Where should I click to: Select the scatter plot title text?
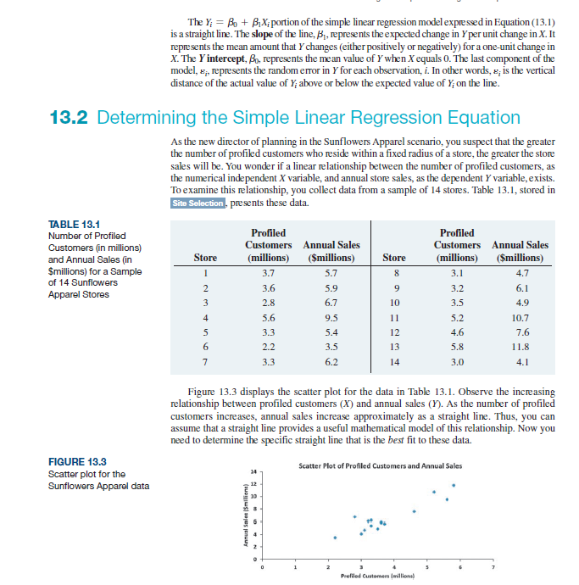point(381,465)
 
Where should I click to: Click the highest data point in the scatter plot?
point(454,486)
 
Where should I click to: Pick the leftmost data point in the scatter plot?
point(334,538)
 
